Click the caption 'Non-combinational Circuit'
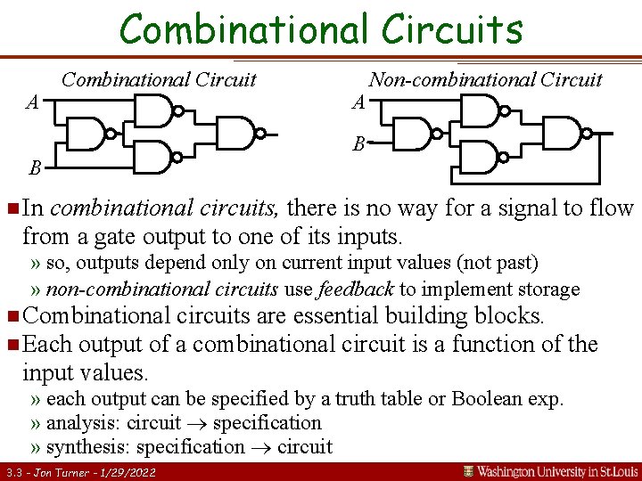click(485, 79)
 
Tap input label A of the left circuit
click(32, 102)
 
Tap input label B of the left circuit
click(34, 167)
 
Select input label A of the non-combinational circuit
click(358, 102)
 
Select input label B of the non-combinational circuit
click(358, 143)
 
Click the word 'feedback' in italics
click(357, 289)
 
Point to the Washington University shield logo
click(468, 470)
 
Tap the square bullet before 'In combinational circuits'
click(11, 209)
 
